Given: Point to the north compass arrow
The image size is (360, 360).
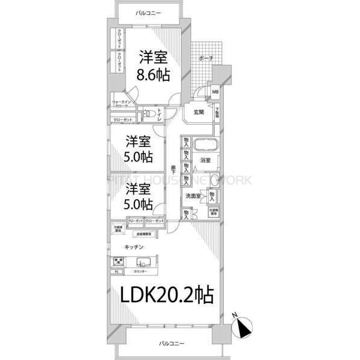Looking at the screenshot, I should [x=242, y=328].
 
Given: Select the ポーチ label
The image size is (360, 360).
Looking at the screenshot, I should [x=205, y=58].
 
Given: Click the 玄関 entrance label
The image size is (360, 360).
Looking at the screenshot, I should [x=199, y=112].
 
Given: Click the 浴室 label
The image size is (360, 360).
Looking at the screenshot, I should [x=205, y=160].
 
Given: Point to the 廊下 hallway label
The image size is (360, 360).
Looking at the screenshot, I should [x=173, y=169].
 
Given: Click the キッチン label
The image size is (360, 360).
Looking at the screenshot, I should [x=133, y=247].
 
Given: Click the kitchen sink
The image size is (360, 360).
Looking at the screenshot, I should [x=144, y=262].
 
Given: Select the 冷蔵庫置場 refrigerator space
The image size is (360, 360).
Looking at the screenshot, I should [x=119, y=229].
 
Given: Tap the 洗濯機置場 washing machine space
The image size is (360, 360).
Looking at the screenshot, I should [x=213, y=212].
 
